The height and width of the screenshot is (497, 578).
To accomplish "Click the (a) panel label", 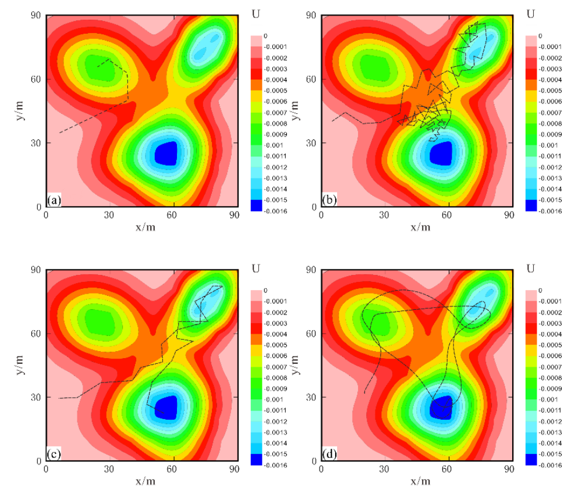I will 54,201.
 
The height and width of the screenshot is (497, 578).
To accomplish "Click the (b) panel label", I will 329,201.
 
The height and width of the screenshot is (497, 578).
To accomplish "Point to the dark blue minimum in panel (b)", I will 441,153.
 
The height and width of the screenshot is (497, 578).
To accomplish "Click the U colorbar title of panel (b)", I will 530,13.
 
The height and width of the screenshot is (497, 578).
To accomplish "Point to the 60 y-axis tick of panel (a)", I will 36,80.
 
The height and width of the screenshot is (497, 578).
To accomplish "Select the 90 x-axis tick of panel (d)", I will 508,469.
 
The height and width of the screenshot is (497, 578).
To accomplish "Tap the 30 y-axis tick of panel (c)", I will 36,398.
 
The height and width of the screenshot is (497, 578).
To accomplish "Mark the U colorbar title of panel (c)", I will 256,268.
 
